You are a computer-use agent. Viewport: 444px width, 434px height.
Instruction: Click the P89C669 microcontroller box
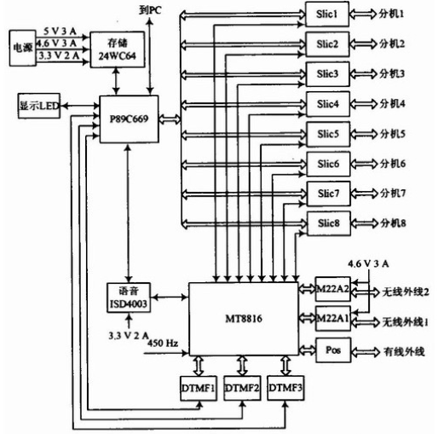pyautogui.click(x=129, y=119)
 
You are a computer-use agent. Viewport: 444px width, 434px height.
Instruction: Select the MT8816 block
pyautogui.click(x=244, y=319)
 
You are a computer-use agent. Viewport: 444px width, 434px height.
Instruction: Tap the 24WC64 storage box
pyautogui.click(x=118, y=49)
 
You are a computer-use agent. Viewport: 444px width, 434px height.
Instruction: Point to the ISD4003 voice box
pyautogui.click(x=129, y=298)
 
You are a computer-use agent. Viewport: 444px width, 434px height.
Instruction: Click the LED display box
pyautogui.click(x=39, y=106)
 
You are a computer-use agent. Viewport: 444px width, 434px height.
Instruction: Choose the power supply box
pyautogui.click(x=23, y=48)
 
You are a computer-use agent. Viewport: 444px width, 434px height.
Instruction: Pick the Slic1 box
pyautogui.click(x=327, y=14)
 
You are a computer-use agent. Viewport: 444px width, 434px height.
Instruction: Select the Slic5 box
pyautogui.click(x=328, y=134)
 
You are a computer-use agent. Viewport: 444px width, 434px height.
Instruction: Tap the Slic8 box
pyautogui.click(x=329, y=223)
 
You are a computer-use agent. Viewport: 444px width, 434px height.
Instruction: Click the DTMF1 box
pyautogui.click(x=199, y=388)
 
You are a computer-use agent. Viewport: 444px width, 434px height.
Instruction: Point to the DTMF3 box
pyautogui.click(x=285, y=388)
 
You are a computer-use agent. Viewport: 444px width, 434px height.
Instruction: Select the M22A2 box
pyautogui.click(x=332, y=289)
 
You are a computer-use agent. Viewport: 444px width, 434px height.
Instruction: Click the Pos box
pyautogui.click(x=333, y=350)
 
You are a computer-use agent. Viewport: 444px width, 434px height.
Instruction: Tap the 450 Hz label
pyautogui.click(x=163, y=343)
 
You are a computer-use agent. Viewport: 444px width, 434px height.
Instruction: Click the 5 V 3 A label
pyautogui.click(x=60, y=32)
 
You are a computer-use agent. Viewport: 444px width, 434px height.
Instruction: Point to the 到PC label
pyautogui.click(x=150, y=10)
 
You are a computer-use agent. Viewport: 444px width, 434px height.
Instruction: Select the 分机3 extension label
pyautogui.click(x=392, y=74)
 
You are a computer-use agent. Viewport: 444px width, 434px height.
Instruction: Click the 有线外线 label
pyautogui.click(x=404, y=352)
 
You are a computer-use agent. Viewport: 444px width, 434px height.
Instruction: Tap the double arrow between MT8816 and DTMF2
pyautogui.click(x=242, y=366)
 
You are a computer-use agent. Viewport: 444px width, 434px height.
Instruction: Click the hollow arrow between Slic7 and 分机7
pyautogui.click(x=364, y=194)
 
